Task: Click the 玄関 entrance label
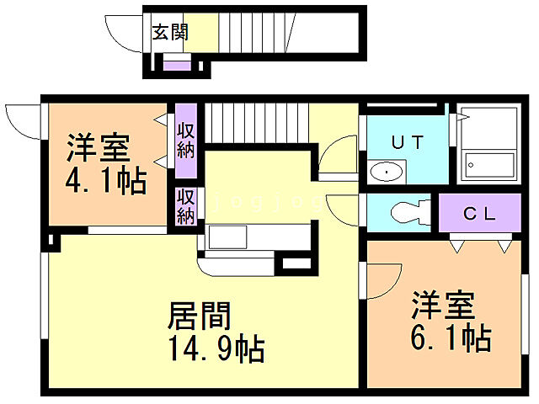[x=170, y=33]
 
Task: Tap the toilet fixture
[x=402, y=212]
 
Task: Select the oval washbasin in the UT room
[x=386, y=172]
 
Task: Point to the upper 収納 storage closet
[x=186, y=141]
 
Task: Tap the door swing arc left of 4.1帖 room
[x=22, y=120]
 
